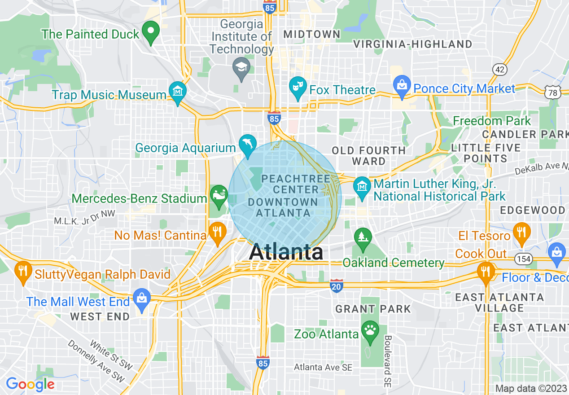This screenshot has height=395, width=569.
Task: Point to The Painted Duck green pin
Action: (x=151, y=31)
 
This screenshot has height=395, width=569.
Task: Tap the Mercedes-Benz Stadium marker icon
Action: (x=219, y=195)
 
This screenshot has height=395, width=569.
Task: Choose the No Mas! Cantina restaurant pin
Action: (x=218, y=232)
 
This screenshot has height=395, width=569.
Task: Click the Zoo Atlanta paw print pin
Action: (x=370, y=330)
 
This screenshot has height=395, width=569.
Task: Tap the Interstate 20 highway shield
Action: (x=337, y=285)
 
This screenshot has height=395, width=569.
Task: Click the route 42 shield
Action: (x=499, y=69)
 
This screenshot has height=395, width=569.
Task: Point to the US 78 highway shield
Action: (x=552, y=92)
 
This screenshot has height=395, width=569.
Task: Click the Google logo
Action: (x=30, y=384)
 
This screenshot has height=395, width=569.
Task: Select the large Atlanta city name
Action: (x=286, y=252)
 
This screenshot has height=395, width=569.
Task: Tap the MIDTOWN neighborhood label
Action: (x=312, y=34)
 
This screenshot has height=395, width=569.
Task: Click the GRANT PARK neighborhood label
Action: (x=373, y=309)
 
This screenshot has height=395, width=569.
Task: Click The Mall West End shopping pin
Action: (x=142, y=299)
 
